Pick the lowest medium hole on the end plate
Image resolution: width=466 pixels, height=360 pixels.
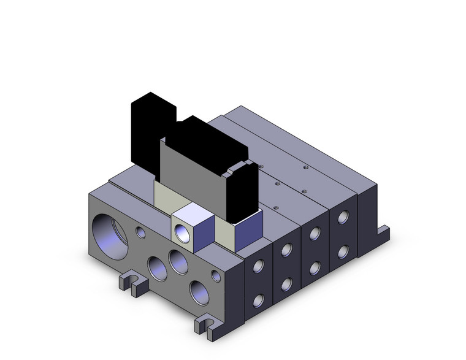tap(199, 289)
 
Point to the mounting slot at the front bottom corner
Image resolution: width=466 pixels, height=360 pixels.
tap(204, 324)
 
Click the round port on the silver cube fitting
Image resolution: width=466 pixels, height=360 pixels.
tap(182, 232)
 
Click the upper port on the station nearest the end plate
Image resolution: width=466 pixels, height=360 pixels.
tap(259, 266)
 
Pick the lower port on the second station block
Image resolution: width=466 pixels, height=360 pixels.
tap(287, 283)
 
